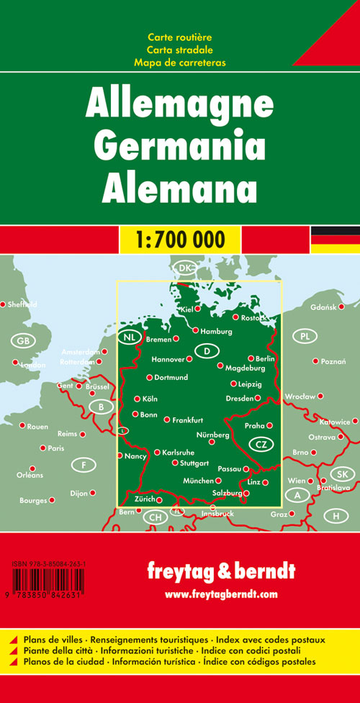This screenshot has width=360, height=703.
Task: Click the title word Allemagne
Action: point(179,106)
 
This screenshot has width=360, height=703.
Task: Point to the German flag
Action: point(335,239)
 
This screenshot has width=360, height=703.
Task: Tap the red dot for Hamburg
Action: point(195,330)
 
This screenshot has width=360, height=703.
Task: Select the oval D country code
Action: point(207,350)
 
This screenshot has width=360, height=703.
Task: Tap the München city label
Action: point(198,481)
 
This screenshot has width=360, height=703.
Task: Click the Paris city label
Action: point(55,448)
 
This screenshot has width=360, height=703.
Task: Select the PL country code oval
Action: point(306,336)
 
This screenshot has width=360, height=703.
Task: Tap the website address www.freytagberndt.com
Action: point(220,594)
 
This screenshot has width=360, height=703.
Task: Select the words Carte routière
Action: point(179,37)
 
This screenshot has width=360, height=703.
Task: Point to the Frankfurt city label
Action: point(187,419)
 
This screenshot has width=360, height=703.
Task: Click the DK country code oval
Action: point(186,268)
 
